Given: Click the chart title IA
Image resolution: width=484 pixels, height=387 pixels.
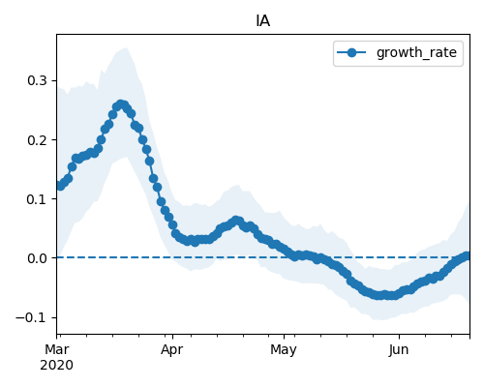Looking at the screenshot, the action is click(263, 21).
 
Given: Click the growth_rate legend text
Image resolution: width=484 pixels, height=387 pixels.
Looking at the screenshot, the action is click(416, 52).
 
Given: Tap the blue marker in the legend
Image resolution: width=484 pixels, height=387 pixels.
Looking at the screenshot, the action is click(351, 52).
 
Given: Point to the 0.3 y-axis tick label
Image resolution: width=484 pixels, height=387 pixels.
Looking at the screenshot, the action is click(38, 80).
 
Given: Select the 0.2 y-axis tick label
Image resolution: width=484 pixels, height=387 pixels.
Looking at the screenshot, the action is click(38, 140).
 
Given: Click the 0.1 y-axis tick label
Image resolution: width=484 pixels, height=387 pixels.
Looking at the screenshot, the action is click(38, 199).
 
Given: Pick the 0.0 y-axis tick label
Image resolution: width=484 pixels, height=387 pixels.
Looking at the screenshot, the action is click(38, 258).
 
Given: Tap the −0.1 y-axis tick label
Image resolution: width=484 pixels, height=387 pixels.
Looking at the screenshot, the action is click(32, 317).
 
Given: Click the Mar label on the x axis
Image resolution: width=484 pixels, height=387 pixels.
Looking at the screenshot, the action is click(57, 349).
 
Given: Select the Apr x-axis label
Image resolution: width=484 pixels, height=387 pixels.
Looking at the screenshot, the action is click(172, 350).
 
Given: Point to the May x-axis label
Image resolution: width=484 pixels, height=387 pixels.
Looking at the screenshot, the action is click(284, 350).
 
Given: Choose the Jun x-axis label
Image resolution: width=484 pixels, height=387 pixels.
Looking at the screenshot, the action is click(399, 350).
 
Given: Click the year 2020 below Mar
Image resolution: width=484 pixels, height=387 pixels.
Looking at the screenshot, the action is click(57, 366).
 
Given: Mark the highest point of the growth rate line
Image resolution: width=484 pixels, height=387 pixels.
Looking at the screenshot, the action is click(121, 104).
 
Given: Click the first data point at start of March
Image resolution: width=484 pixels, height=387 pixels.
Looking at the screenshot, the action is click(60, 186).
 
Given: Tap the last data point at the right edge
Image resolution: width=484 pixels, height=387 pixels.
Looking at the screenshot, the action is click(467, 256).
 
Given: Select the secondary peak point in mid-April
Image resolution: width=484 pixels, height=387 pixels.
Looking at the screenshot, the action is click(236, 221).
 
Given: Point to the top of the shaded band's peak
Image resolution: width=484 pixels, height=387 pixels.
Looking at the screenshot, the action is click(125, 48).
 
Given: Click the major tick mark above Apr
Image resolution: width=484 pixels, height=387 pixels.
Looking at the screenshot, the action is click(172, 337).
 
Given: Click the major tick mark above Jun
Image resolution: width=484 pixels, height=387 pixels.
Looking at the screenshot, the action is click(399, 337).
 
